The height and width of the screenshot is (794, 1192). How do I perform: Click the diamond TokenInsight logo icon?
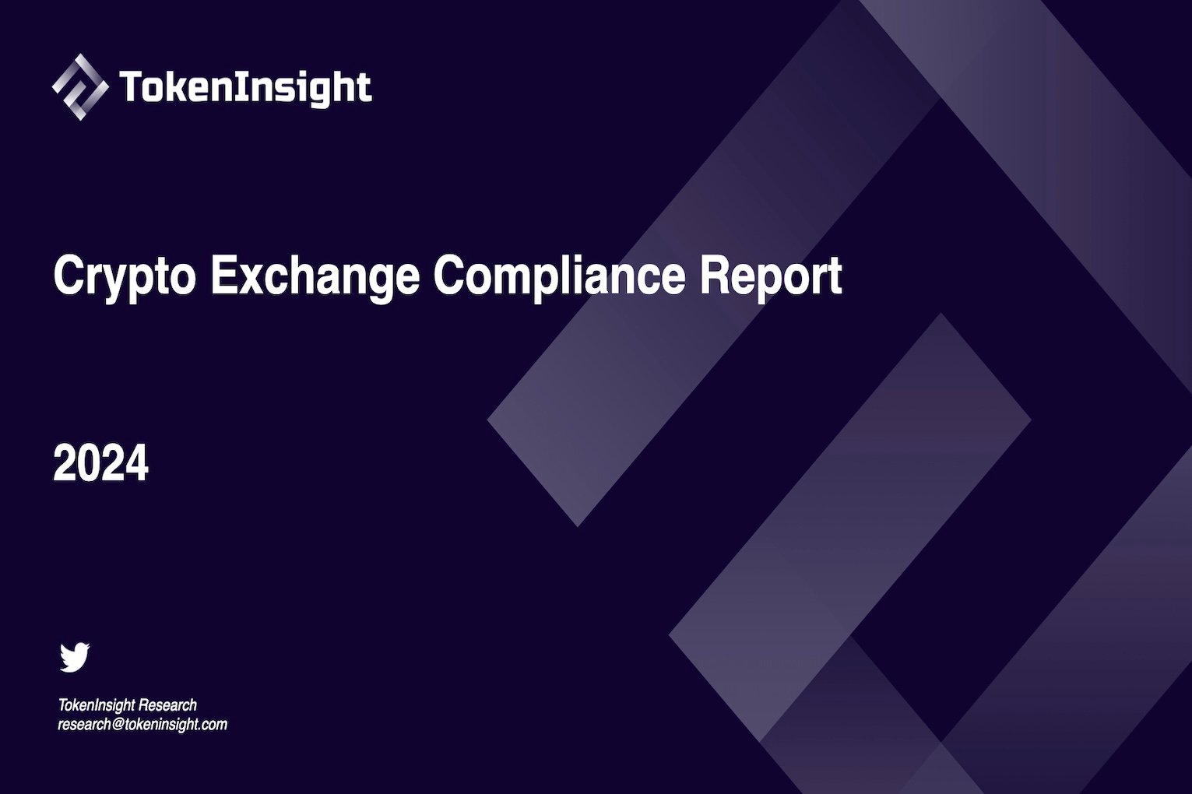(79, 86)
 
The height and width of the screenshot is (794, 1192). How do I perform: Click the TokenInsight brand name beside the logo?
(245, 87)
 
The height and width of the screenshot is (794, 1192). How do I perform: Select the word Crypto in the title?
(124, 276)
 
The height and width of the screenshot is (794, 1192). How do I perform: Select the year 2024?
(100, 463)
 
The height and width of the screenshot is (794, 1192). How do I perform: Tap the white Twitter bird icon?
(75, 657)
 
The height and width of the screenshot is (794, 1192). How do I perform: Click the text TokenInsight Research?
(128, 705)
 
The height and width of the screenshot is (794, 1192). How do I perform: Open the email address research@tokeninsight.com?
(142, 725)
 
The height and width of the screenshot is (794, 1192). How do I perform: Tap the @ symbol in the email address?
(118, 725)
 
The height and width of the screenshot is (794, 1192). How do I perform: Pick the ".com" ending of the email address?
(213, 725)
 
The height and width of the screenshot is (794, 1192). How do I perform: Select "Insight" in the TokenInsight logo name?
(303, 87)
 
